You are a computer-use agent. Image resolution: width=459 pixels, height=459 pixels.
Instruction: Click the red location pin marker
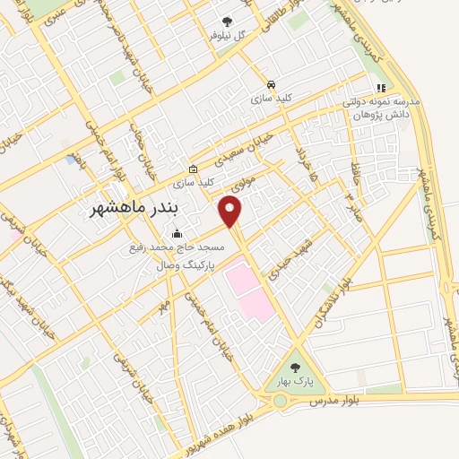pyautogui.click(x=231, y=212)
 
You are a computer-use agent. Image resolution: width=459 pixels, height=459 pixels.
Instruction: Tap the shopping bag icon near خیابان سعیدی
pyautogui.click(x=193, y=169)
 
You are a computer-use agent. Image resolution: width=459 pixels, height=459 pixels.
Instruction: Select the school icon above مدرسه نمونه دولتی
pyautogui.click(x=381, y=89)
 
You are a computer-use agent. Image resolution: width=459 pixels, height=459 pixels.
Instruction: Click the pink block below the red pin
pyautogui.click(x=247, y=289)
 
